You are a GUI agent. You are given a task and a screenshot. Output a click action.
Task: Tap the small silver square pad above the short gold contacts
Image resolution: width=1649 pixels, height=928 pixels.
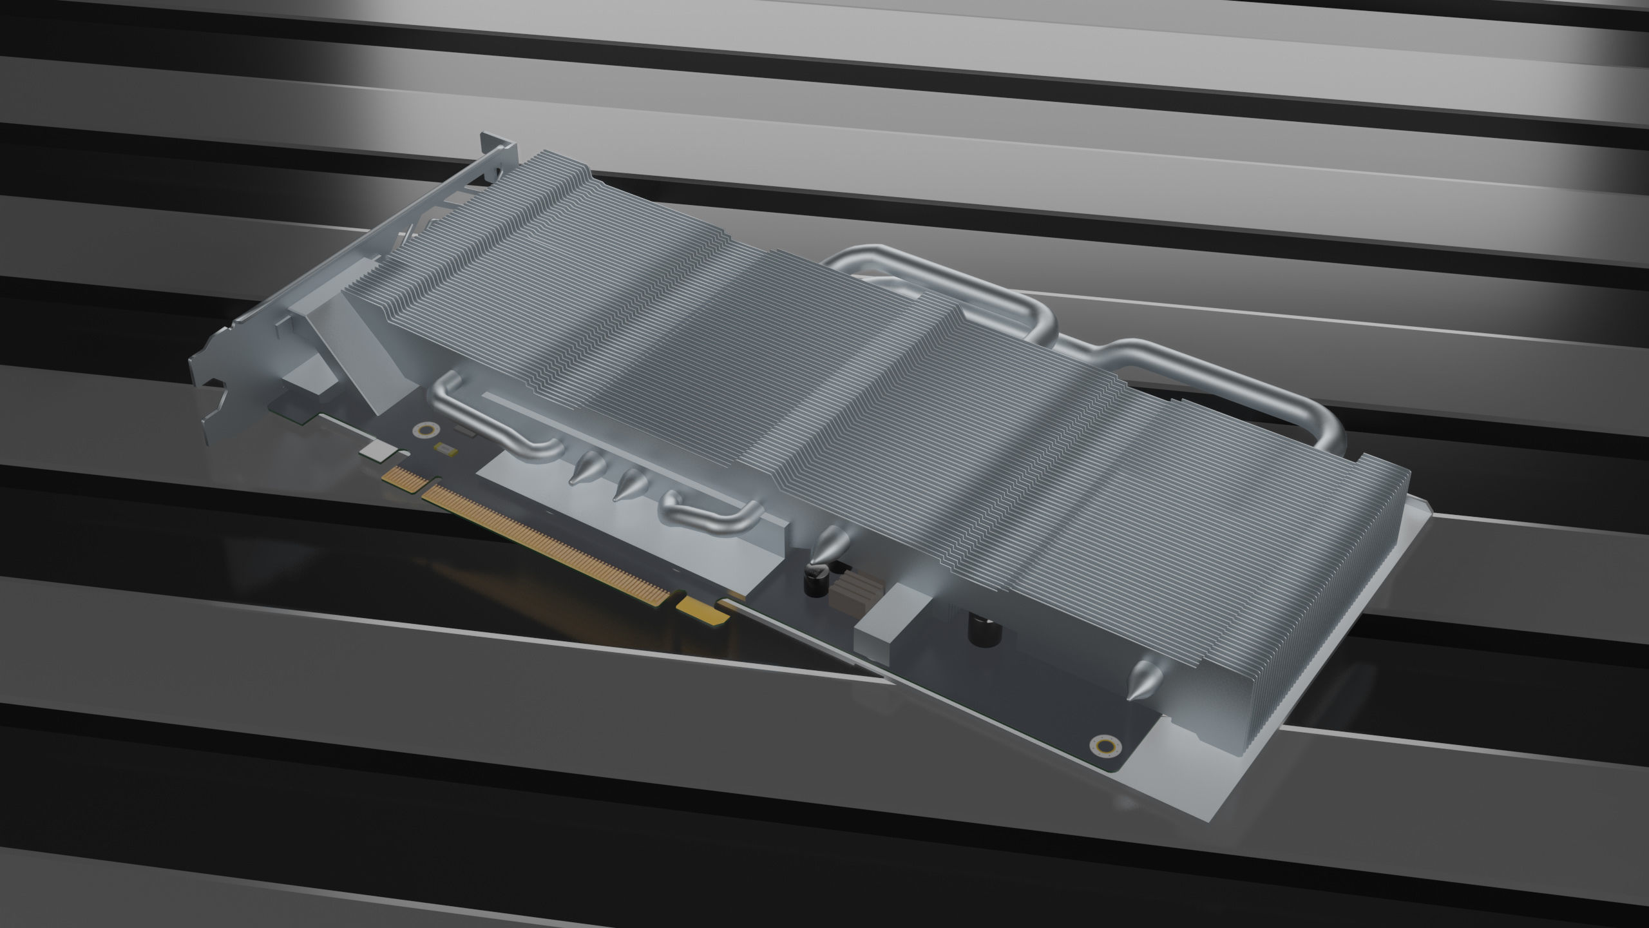click(x=376, y=451)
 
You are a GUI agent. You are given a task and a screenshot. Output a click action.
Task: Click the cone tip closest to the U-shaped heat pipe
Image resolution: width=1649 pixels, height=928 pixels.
click(x=587, y=467)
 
